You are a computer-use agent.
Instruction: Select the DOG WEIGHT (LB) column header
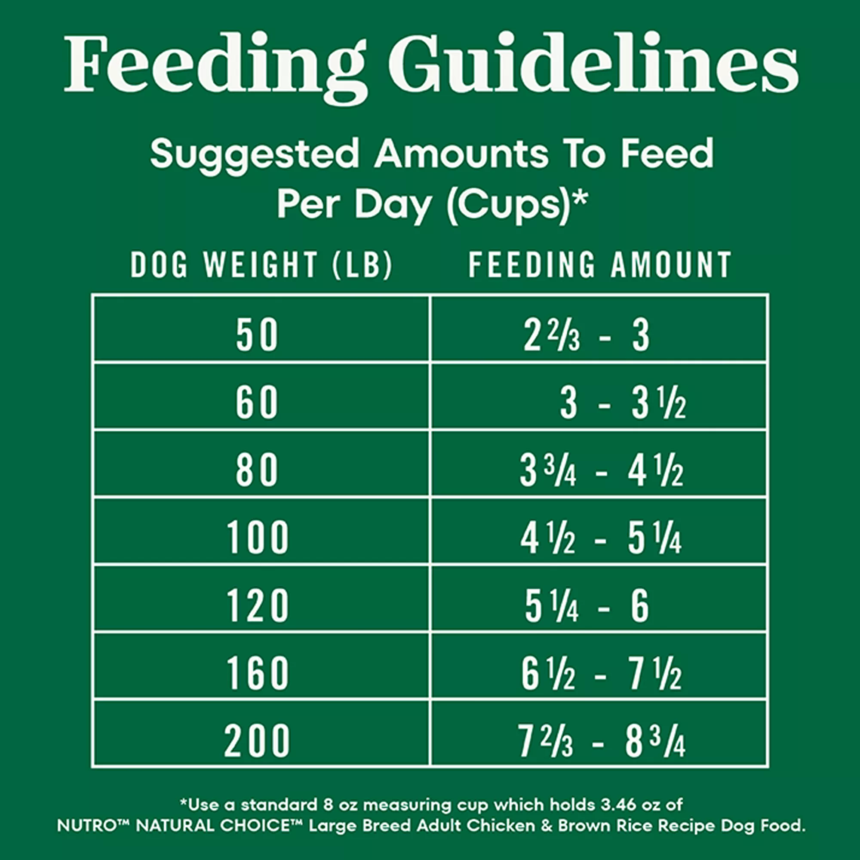(262, 265)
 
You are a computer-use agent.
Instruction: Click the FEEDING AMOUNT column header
(599, 265)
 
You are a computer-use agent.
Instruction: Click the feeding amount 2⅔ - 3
(586, 336)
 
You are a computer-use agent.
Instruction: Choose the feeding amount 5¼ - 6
(587, 607)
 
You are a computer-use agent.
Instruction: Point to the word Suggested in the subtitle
(255, 154)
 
